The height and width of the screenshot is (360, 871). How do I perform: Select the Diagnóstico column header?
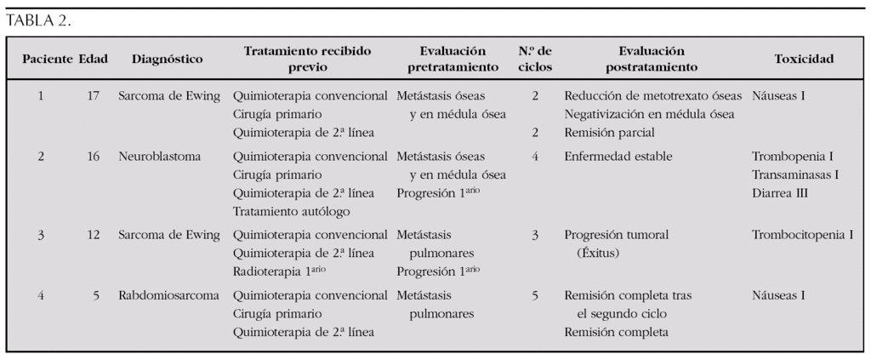coord(167,60)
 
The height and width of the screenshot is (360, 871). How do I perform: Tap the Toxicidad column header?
coord(803,60)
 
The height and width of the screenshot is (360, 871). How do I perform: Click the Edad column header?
coord(93,60)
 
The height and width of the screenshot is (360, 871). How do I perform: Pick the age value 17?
coord(93,95)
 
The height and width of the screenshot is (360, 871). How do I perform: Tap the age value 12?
coord(93,234)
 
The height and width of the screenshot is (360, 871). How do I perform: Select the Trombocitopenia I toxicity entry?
coord(802,234)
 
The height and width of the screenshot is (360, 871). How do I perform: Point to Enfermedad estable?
coord(618,157)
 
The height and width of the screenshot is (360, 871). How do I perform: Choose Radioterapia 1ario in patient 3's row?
coord(280,271)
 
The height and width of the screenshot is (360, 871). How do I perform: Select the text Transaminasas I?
coord(795,175)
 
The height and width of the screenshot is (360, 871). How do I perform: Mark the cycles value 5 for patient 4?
coord(535,295)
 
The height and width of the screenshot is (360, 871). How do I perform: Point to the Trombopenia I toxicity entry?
coord(792,157)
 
